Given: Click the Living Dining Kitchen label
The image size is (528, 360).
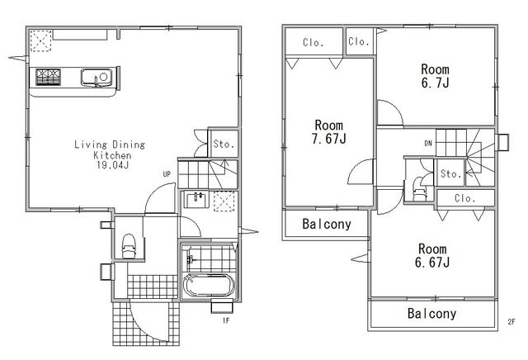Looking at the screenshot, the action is (110, 154).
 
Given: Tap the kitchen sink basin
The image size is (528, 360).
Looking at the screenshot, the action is (97, 77).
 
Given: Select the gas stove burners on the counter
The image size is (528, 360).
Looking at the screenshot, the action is (49, 77).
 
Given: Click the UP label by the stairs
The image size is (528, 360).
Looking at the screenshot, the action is (167, 174).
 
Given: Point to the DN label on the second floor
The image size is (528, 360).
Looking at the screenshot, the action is (428, 144).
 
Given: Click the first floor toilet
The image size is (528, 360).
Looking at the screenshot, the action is (129, 246).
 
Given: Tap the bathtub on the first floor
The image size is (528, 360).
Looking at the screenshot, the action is (207, 285).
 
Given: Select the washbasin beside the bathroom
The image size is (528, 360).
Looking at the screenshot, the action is (196, 200).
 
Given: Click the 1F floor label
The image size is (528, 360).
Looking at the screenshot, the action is (225, 320).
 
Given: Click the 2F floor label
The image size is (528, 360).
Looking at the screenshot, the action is (511, 321).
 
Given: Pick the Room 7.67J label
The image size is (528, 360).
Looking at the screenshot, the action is (329, 132).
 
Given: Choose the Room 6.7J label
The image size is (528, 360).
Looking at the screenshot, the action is (436, 76).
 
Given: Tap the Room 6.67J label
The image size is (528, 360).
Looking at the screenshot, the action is (432, 255).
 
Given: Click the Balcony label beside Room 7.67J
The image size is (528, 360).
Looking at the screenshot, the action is (327, 224).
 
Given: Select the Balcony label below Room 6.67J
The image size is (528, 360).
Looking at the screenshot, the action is (431, 314).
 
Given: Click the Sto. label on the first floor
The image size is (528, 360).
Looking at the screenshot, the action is (224, 144).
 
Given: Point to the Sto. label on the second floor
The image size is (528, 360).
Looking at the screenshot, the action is (451, 173).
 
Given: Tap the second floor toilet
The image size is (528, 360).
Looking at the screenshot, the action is (420, 189).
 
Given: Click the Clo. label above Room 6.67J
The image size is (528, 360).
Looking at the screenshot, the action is (465, 198).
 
